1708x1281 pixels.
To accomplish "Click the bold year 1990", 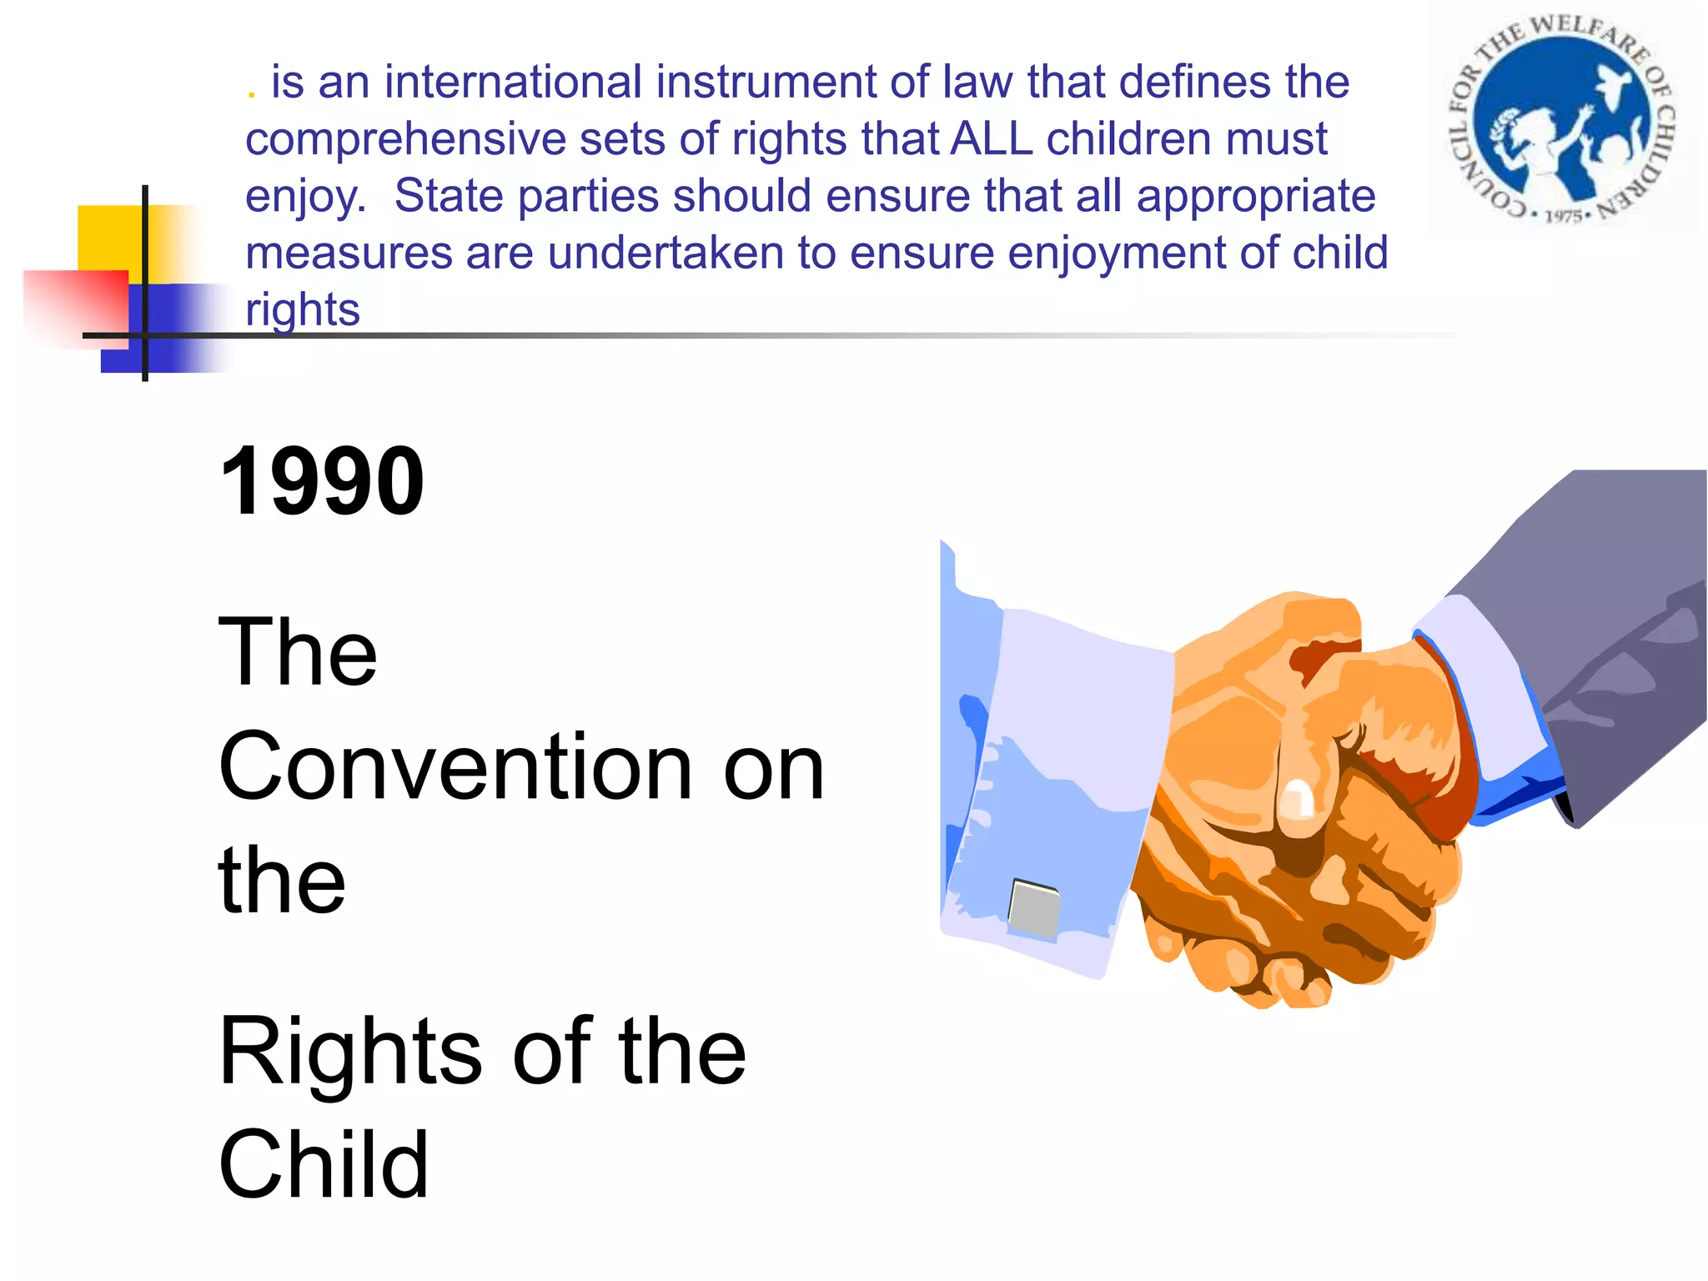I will pyautogui.click(x=322, y=481).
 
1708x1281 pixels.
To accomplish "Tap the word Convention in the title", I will pyautogui.click(x=455, y=766).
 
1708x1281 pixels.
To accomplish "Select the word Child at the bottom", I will pyautogui.click(x=324, y=1165).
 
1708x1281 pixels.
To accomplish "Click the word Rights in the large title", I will pyautogui.click(x=350, y=1052).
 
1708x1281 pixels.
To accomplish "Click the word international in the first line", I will pyautogui.click(x=513, y=82).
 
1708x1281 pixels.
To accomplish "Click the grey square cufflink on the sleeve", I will pyautogui.click(x=1034, y=907).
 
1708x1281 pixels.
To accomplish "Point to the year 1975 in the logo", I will pyautogui.click(x=1563, y=217).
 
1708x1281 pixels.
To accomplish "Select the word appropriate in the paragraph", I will pyautogui.click(x=1255, y=197).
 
